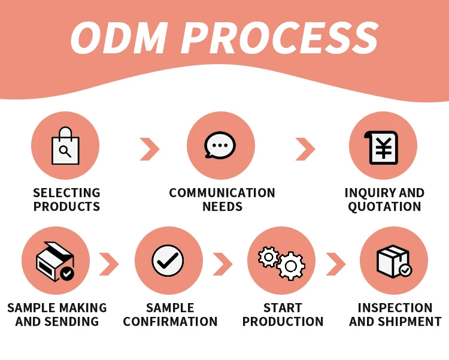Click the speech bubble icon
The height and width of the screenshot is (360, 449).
tap(220, 146)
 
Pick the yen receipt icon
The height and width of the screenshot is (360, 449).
tap(383, 147)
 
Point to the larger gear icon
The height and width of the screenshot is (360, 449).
tap(291, 266)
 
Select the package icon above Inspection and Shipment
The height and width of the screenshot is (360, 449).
tap(393, 261)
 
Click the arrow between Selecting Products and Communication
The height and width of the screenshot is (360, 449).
tap(150, 149)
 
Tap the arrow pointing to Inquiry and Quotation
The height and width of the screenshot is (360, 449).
tap(305, 149)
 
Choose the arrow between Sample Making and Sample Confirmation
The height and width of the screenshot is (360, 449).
tap(108, 264)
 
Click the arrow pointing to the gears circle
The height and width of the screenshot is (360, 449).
tap(222, 264)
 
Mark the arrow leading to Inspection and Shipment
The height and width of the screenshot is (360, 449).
tap(335, 264)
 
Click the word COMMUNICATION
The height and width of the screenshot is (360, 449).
tap(222, 193)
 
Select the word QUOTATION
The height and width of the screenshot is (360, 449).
tap(384, 207)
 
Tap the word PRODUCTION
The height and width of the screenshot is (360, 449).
tap(283, 322)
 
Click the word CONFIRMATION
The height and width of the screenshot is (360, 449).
tap(170, 322)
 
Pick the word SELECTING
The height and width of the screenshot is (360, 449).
tap(66, 193)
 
